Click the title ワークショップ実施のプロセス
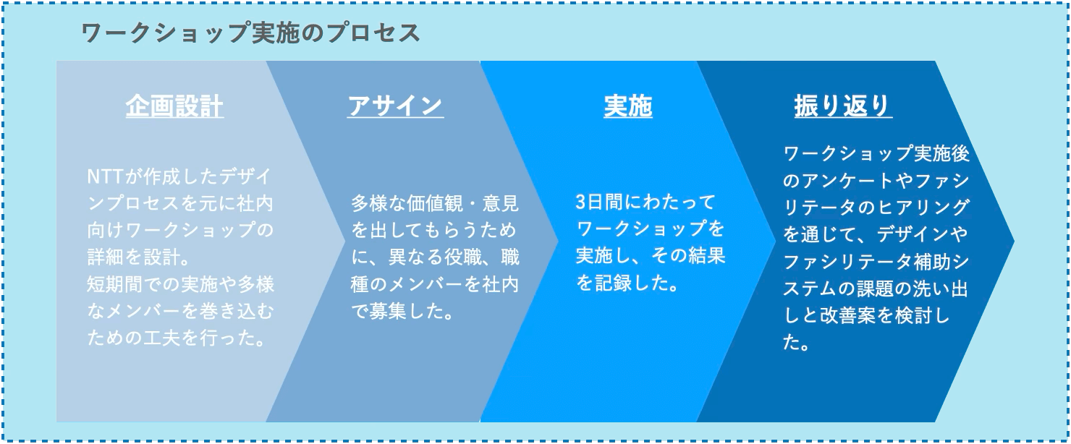pos(251,33)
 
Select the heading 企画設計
pos(174,106)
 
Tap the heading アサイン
pos(395,106)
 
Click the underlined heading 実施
pos(628,106)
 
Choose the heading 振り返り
pos(843,106)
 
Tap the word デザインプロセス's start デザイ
pos(239,177)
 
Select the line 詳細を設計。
pos(139,257)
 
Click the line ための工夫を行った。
pos(177,338)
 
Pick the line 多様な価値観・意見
pos(435,203)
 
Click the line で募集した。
pos(402,312)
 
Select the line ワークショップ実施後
pos(876,153)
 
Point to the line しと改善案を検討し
pos(867,315)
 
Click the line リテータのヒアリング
pos(876,207)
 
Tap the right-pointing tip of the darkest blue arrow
pos(1014,241)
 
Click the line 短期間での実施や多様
pos(181,284)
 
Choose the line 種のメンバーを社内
pos(435,285)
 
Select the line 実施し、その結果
pos(651,256)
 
